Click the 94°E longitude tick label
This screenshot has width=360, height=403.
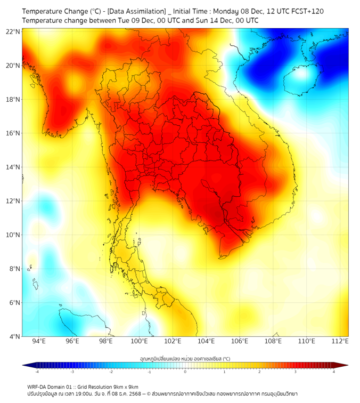coord(39,342)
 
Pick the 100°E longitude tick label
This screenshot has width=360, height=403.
coord(140,342)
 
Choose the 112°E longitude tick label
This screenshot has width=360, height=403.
coord(340,342)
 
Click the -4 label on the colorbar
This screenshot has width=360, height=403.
coord(37,372)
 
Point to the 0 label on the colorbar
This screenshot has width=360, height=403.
coord(185,372)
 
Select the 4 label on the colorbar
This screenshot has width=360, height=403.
coord(333,372)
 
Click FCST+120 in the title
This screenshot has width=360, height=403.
coord(305,11)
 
